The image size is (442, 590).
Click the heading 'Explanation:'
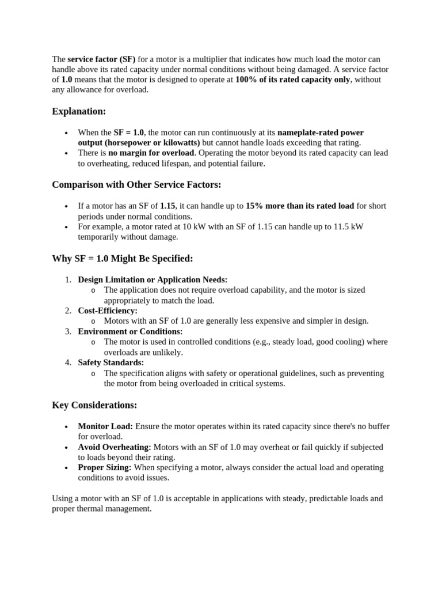(79, 111)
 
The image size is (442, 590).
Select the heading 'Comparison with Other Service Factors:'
(136, 184)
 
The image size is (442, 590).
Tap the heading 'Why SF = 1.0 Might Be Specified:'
(122, 258)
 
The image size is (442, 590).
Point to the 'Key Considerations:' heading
(94, 405)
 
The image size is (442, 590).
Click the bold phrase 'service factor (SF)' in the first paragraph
(102, 59)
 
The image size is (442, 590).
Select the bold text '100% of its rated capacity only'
(292, 80)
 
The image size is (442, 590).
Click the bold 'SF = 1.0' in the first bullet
(129, 133)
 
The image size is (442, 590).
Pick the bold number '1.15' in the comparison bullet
(167, 206)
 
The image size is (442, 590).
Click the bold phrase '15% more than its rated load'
(300, 206)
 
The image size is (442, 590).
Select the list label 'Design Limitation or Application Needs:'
(153, 279)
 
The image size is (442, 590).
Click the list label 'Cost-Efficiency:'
(108, 311)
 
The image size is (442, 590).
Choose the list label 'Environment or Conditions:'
(130, 331)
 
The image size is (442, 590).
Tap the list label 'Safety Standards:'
(111, 362)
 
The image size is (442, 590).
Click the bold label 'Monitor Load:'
(105, 426)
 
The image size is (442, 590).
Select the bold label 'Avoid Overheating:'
(115, 447)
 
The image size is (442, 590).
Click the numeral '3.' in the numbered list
(68, 331)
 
